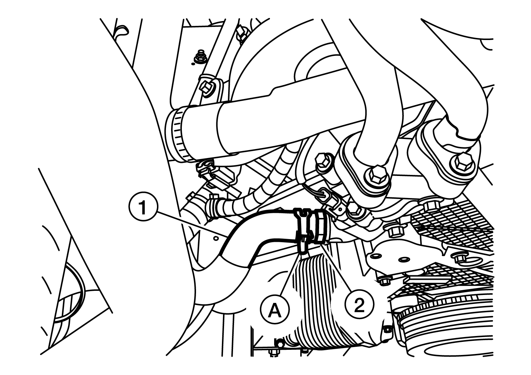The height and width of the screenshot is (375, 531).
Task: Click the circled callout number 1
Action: click(x=143, y=207)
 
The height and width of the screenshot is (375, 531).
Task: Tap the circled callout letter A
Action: click(x=275, y=310)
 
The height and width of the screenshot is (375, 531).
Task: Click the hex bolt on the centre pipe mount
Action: click(x=377, y=174)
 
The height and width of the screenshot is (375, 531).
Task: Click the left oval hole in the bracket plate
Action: click(x=376, y=256)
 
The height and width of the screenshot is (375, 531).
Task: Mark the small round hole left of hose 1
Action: click(x=215, y=238)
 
